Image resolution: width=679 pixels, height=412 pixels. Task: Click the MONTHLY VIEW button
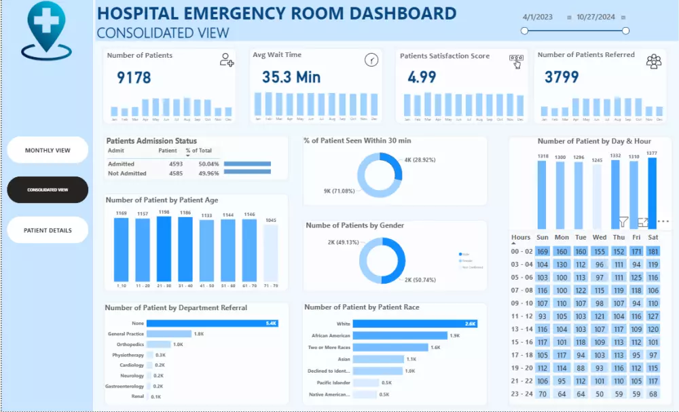[48, 150]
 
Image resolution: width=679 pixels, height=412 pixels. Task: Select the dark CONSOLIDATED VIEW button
[48, 190]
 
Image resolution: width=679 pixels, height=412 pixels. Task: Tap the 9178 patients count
[134, 78]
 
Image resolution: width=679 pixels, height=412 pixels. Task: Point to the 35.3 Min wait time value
[291, 77]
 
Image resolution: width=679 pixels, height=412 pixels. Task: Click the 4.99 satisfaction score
[422, 77]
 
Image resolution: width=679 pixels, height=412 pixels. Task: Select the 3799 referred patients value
[562, 77]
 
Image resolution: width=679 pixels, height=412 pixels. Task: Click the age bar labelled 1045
[270, 253]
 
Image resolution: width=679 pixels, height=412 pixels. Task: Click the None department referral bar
[213, 323]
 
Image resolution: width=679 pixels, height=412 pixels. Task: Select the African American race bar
[400, 335]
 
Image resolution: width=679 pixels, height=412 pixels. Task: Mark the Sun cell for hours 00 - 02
[543, 251]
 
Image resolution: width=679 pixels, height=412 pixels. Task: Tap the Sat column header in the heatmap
[653, 238]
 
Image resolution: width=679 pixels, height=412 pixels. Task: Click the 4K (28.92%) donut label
[420, 160]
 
